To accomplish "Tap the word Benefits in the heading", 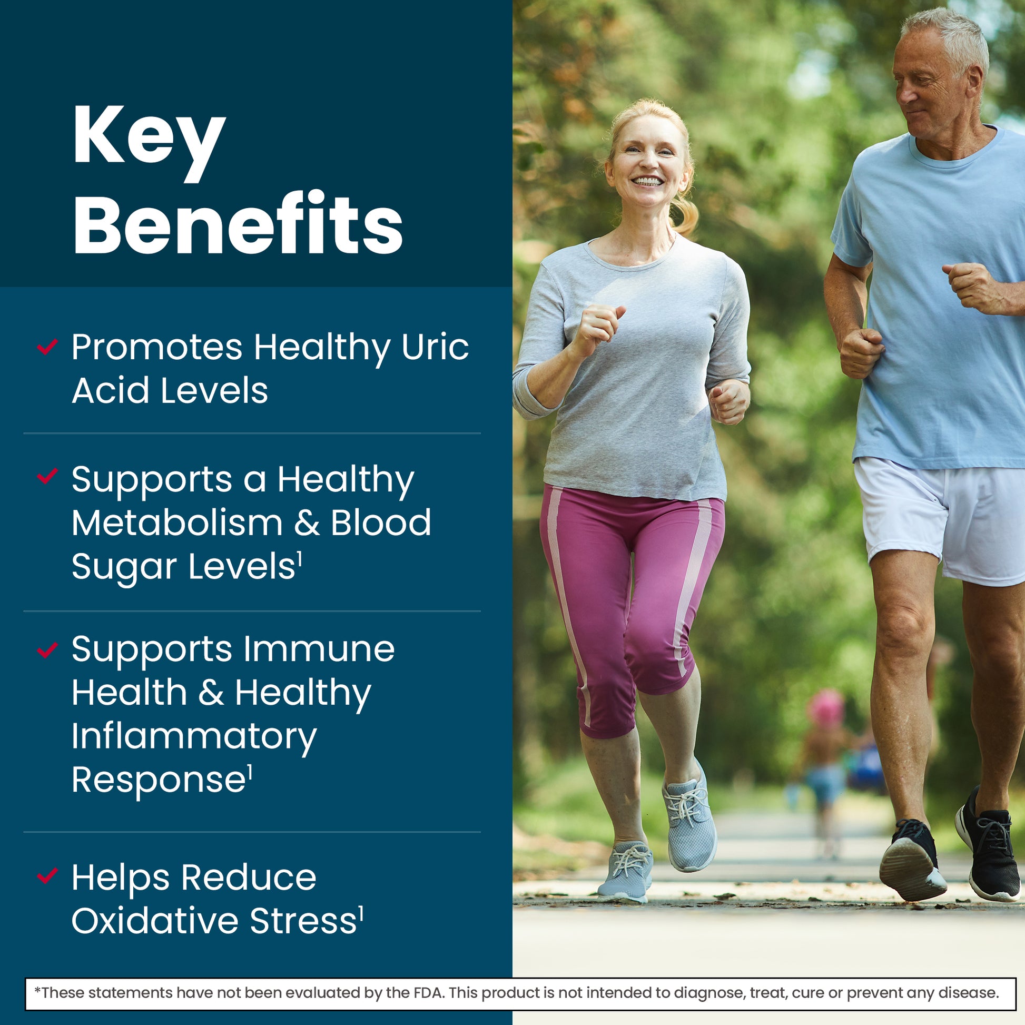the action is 238,223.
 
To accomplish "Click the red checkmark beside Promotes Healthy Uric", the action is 47,347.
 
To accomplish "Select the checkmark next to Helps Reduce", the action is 47,876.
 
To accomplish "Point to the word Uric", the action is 435,347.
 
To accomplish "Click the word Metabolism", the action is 177,523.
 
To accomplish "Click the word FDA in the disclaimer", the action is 428,992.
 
